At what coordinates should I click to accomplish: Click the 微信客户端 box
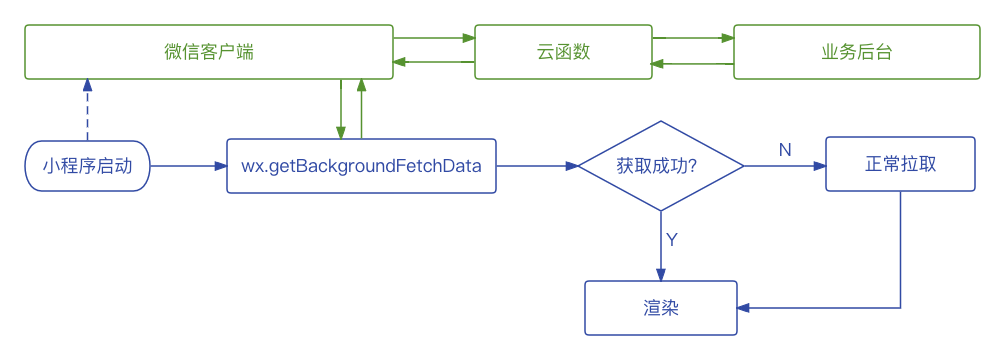pos(208,52)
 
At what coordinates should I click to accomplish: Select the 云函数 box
pos(563,52)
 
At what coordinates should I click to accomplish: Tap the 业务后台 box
pos(857,52)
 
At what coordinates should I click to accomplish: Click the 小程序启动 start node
pos(87,166)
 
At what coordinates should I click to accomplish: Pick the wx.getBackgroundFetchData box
pos(361,166)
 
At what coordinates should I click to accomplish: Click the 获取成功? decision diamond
pos(661,166)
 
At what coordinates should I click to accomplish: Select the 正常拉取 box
pos(900,164)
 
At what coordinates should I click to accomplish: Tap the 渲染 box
pos(661,307)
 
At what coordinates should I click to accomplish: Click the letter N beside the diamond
pos(785,150)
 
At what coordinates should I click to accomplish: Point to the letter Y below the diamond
pos(672,240)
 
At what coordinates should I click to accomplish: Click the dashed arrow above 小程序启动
pos(87,110)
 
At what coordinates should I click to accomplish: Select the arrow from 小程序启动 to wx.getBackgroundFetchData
pos(188,166)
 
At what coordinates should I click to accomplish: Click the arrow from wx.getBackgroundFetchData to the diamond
pos(537,166)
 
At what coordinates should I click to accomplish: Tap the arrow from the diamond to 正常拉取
pos(785,166)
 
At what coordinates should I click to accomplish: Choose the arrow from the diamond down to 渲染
pos(661,246)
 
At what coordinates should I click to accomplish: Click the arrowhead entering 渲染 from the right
pos(743,307)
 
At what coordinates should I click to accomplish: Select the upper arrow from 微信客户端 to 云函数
pos(434,38)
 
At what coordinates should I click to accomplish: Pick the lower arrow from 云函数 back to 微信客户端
pos(434,62)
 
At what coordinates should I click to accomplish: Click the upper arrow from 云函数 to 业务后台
pos(693,38)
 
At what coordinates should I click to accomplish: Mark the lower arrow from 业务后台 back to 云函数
pos(693,63)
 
